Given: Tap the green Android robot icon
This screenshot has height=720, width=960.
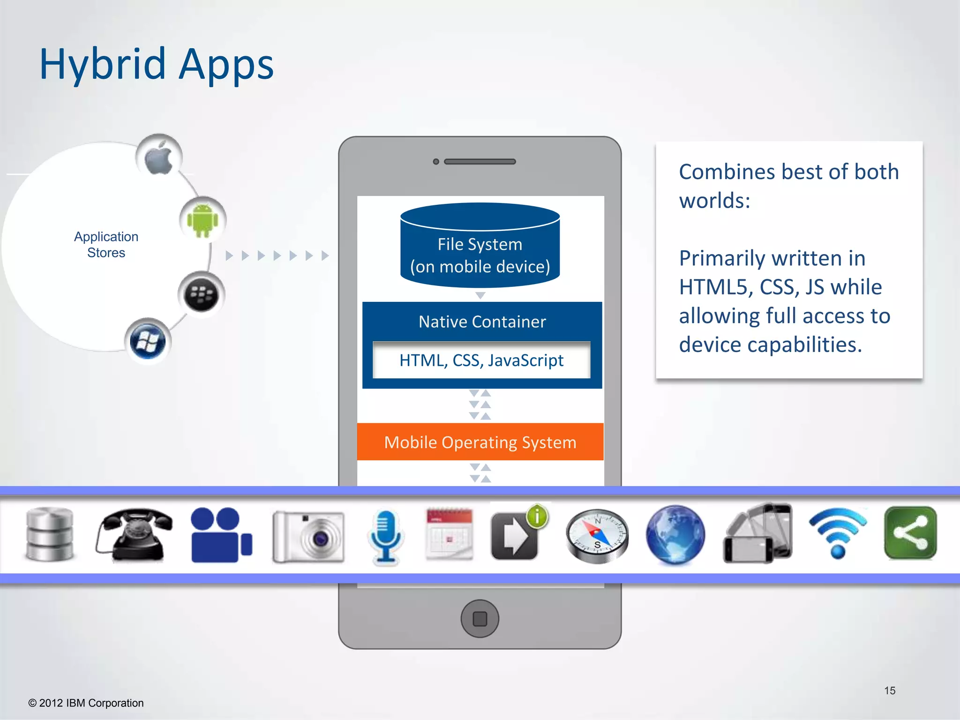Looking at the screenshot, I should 202,220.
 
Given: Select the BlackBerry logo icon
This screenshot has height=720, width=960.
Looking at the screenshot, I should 202,295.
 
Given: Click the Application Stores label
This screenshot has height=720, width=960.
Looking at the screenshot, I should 106,245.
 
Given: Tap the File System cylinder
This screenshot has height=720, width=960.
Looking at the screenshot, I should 480,246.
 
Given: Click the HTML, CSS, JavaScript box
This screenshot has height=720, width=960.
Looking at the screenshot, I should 481,360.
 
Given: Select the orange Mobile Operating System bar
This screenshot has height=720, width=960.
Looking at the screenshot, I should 480,442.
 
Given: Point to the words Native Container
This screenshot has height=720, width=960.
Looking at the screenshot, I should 482,322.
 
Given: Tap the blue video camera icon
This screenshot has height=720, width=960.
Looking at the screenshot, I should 221,535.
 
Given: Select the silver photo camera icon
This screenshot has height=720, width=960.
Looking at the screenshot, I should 308,537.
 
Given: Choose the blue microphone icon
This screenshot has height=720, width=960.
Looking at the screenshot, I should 385,537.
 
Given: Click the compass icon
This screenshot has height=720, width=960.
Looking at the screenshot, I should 597,536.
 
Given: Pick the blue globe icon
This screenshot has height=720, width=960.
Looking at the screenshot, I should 675,534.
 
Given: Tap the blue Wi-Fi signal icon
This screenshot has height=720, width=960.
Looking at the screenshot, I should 838,533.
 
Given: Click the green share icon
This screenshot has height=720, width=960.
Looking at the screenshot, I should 910,533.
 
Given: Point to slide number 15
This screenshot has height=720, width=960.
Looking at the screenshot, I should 890,690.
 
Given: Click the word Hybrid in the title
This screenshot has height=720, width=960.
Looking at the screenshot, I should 103,64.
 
